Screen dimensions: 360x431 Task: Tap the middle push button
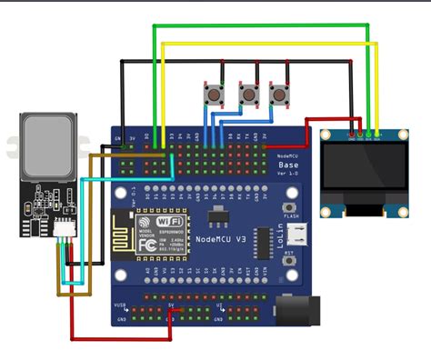[248, 93]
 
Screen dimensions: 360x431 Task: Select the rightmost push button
[277, 93]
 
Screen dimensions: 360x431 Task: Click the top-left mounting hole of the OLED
[328, 136]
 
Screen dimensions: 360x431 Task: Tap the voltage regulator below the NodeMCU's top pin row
[216, 217]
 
